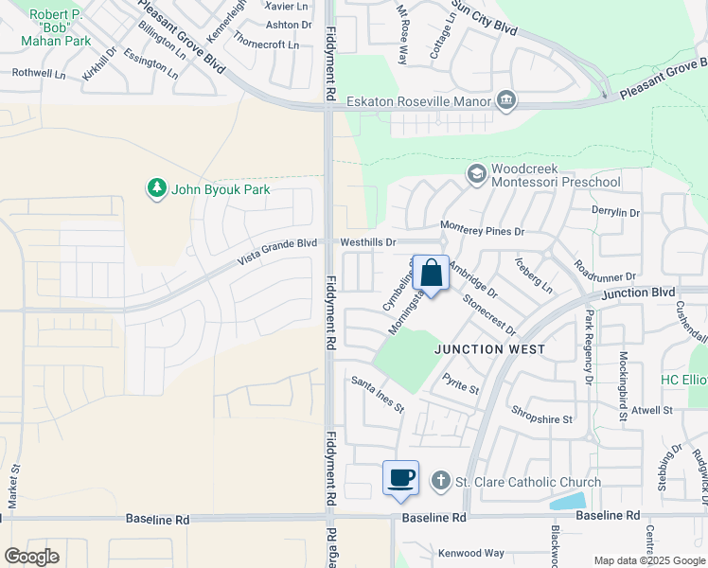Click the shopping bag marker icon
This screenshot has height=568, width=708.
click(431, 274)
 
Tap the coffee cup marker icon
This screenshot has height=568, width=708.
click(401, 477)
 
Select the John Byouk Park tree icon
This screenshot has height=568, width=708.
click(156, 188)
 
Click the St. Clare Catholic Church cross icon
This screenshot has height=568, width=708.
click(440, 482)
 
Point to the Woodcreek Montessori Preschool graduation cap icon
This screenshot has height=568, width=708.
click(476, 173)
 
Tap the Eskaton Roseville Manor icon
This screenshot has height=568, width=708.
click(506, 100)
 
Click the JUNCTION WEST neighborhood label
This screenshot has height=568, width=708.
click(489, 349)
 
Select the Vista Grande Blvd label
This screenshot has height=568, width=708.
click(276, 250)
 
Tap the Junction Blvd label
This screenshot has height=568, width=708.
click(636, 293)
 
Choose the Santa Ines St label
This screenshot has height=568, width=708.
click(378, 394)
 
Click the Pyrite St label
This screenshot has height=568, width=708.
click(461, 382)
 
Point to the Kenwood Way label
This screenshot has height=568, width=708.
click(470, 552)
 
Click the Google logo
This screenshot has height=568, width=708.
click(31, 557)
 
